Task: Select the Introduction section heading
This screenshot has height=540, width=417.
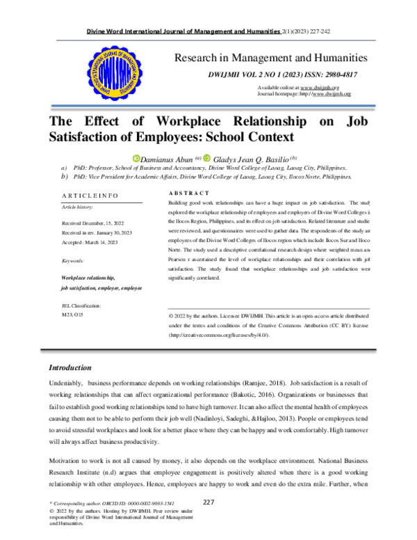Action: click(x=69, y=367)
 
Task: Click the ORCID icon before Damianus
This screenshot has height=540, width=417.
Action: click(x=136, y=159)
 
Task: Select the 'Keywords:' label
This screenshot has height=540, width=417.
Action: click(x=73, y=260)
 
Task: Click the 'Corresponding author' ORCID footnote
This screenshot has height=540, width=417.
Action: click(x=108, y=502)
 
